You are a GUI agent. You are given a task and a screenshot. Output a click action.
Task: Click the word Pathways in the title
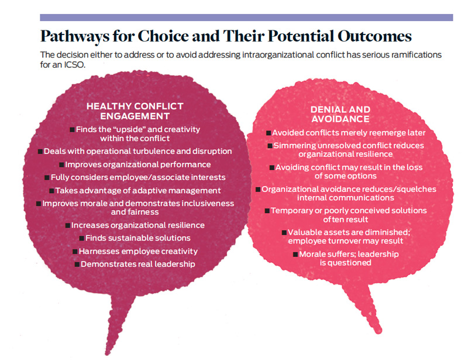[75, 36]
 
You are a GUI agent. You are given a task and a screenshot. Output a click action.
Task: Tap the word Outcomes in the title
[374, 36]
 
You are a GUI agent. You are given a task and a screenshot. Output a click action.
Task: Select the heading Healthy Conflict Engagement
[135, 111]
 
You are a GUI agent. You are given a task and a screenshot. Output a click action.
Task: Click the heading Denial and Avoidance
[340, 114]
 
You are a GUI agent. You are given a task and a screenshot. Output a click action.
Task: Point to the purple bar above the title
[246, 18]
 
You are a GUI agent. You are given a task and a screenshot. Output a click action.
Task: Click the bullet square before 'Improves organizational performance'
[61, 165]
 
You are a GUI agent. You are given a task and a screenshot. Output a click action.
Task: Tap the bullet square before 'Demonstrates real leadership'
[77, 265]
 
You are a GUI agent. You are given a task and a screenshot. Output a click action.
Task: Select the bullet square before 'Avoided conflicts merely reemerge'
[269, 133]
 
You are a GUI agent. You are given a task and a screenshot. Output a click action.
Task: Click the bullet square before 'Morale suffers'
[295, 255]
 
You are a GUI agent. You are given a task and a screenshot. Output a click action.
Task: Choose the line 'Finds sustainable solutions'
[138, 238]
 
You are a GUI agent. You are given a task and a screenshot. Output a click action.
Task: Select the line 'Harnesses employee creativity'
[138, 251]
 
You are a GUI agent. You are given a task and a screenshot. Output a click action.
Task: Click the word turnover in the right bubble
[343, 241]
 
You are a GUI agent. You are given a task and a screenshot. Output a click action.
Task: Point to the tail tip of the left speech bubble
[107, 354]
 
